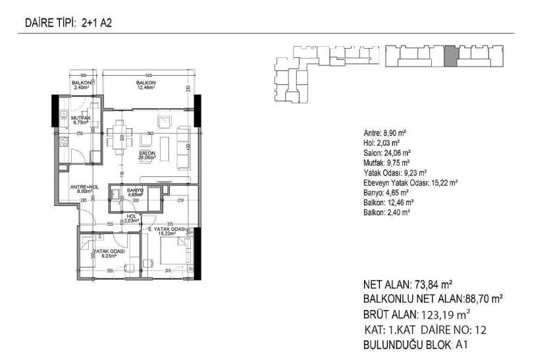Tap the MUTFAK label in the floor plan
click(x=81, y=119)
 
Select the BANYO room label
click(x=136, y=192)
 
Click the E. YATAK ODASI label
click(x=167, y=230)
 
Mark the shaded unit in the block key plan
click(x=450, y=57)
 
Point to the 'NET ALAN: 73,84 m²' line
click(x=407, y=286)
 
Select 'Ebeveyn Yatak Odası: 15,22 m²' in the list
click(x=410, y=183)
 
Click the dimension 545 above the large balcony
click(x=149, y=74)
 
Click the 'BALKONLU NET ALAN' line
click(x=433, y=299)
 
